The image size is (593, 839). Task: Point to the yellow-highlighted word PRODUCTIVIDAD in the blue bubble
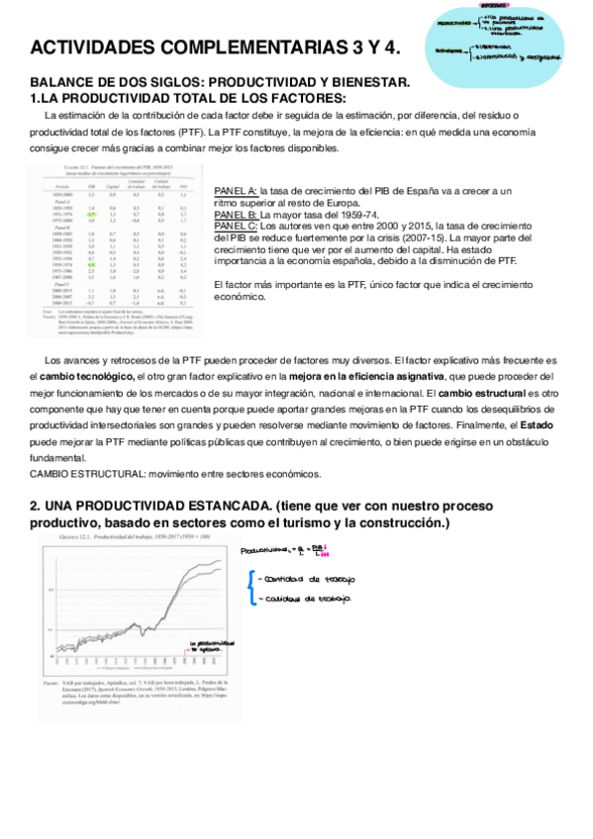tap(451, 20)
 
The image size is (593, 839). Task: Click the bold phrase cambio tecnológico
tap(89, 378)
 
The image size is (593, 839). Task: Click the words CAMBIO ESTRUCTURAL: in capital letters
tap(80, 473)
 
